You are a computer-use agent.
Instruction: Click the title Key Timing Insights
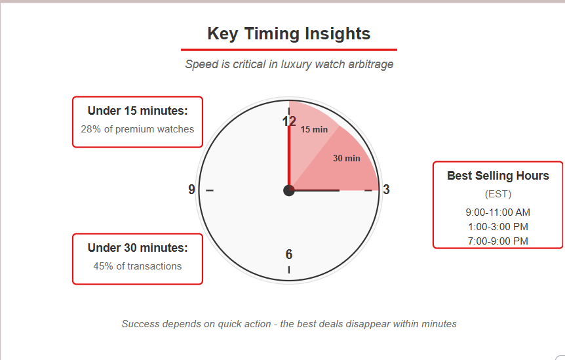coord(288,34)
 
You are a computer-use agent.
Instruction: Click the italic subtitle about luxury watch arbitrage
coord(289,64)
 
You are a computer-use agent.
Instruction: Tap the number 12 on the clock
coord(289,121)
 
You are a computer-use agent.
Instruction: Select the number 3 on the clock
coord(386,190)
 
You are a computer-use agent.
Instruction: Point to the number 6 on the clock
coord(289,254)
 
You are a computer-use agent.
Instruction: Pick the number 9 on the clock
coord(191,190)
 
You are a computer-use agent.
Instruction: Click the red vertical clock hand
coord(289,158)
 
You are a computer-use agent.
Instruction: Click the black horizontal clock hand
coord(314,190)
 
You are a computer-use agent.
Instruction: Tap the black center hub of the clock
coord(289,190)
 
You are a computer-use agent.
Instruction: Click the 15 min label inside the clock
coord(314,129)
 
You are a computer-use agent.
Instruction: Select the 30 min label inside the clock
coord(347,158)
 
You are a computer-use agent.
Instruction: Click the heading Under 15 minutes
coord(138,111)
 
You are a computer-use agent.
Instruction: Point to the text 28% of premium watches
coord(137,129)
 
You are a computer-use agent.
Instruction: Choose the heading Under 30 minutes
coord(138,248)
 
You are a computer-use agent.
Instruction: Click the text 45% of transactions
coord(137,266)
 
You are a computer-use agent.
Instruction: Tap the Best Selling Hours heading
coord(498,176)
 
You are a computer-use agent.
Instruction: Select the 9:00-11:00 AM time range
coord(498,212)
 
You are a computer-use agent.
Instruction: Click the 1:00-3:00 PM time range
coord(498,227)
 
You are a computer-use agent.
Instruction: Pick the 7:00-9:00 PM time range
coord(498,241)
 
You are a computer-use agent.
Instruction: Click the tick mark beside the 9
coord(210,190)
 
